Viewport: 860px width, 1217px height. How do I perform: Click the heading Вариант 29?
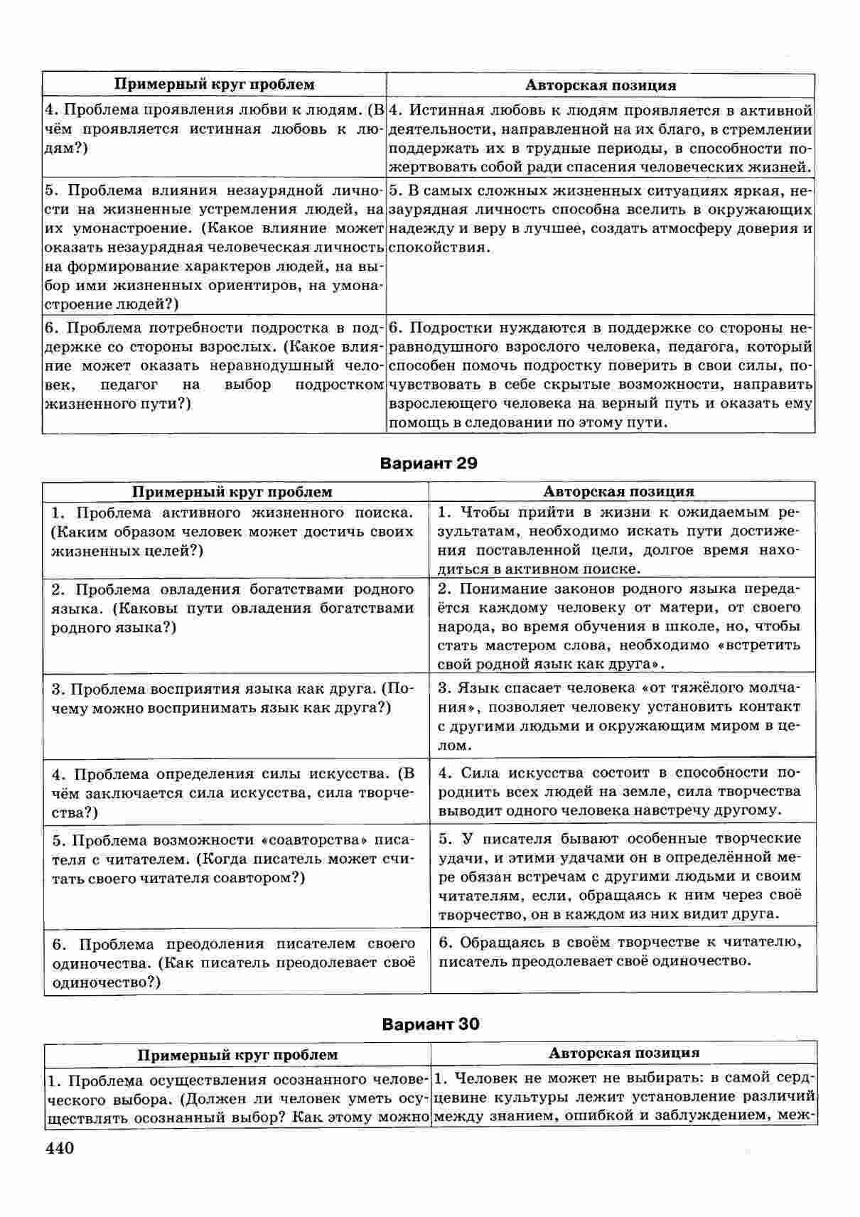tap(429, 463)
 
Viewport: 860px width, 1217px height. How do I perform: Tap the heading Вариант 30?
tap(430, 1024)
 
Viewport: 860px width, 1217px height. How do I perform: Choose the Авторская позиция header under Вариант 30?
tap(623, 1053)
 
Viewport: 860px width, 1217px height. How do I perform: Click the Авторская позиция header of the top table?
tap(600, 85)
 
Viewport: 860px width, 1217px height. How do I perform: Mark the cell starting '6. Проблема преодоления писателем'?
tap(235, 963)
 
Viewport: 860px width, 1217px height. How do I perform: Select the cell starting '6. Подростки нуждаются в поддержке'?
tap(600, 375)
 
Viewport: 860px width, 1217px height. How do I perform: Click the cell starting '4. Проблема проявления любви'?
tap(213, 129)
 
